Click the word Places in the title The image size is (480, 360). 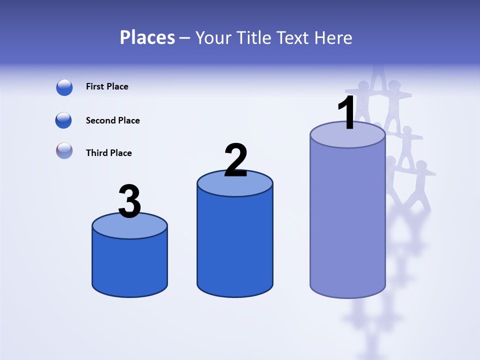147,37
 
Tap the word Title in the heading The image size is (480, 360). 253,37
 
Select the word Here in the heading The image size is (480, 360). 334,37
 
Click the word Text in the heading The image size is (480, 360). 295,37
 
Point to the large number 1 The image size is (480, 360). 346,113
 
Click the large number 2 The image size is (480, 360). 235,160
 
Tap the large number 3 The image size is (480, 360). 129,201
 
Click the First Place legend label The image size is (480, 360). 107,86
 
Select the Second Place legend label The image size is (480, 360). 112,120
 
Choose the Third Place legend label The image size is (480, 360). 108,153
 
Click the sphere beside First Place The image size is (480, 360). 64,87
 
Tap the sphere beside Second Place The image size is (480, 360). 63,120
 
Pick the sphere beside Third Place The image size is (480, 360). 64,150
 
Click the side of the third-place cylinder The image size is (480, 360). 129,265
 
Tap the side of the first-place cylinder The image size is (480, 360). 347,220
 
